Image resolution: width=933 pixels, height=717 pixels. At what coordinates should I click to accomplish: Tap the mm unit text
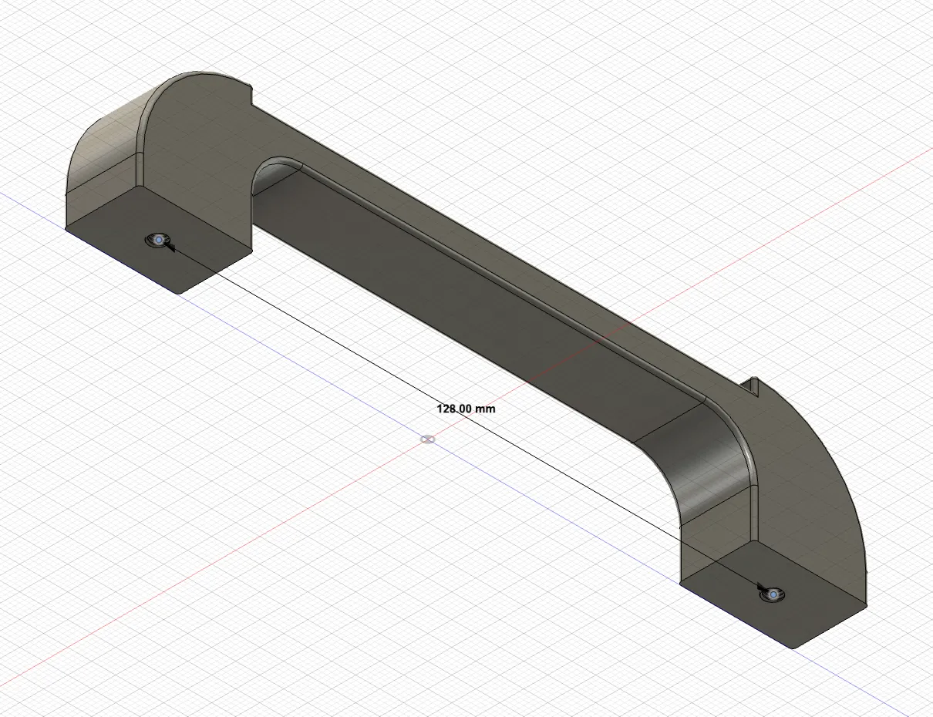(485, 409)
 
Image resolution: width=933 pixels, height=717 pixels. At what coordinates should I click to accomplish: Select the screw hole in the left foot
(158, 240)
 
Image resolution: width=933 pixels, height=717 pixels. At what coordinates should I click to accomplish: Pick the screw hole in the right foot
(773, 595)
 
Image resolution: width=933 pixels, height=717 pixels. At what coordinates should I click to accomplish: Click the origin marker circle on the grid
(427, 439)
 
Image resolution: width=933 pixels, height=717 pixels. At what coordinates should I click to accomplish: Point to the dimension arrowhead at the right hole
(761, 586)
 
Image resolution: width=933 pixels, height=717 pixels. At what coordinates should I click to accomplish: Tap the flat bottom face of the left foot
(159, 240)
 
